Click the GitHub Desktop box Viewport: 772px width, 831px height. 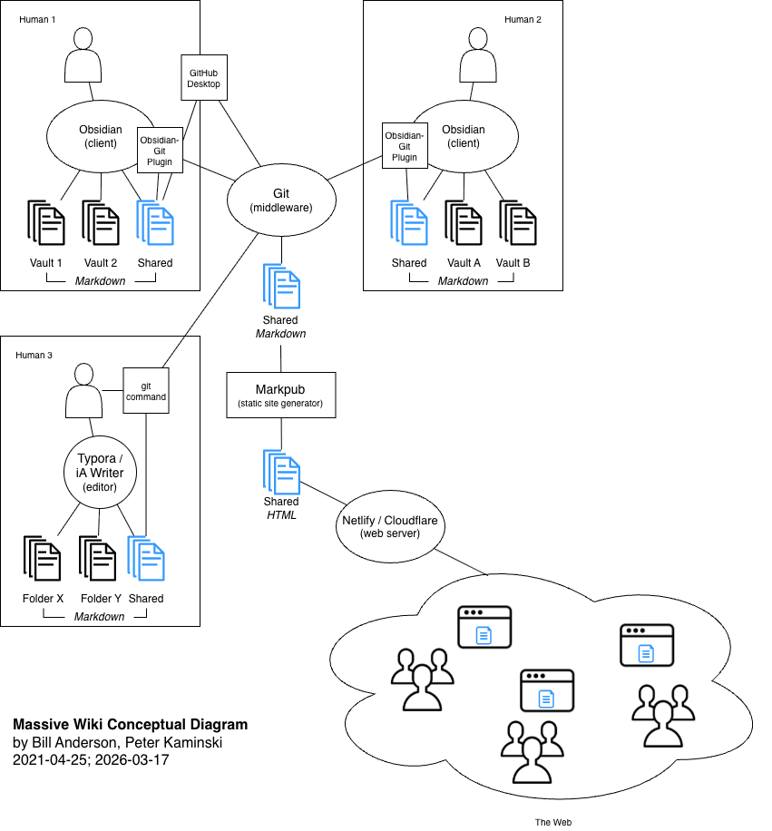(204, 77)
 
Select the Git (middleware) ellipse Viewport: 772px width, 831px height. (281, 200)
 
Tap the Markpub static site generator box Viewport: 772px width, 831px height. (281, 395)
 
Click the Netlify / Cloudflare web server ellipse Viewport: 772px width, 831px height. (390, 526)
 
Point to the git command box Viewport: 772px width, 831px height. (146, 391)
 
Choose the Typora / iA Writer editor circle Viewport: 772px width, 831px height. (100, 472)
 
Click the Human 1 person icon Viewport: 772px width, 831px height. (83, 55)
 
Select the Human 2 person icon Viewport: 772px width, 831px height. (478, 55)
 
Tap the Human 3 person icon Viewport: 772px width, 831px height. (83, 391)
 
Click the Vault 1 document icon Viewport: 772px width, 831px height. (46, 222)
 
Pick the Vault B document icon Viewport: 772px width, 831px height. (518, 222)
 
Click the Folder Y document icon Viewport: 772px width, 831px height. (97, 558)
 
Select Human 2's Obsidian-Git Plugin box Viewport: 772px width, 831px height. (405, 146)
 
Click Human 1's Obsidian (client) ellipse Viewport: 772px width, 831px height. (101, 136)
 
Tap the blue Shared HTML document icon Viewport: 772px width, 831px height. (281, 472)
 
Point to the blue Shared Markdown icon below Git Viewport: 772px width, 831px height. (281, 286)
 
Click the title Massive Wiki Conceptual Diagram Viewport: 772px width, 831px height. (131, 725)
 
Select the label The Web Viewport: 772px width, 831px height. (553, 822)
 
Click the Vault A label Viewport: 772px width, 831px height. (464, 263)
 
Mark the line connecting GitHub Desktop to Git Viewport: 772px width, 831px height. (240, 133)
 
